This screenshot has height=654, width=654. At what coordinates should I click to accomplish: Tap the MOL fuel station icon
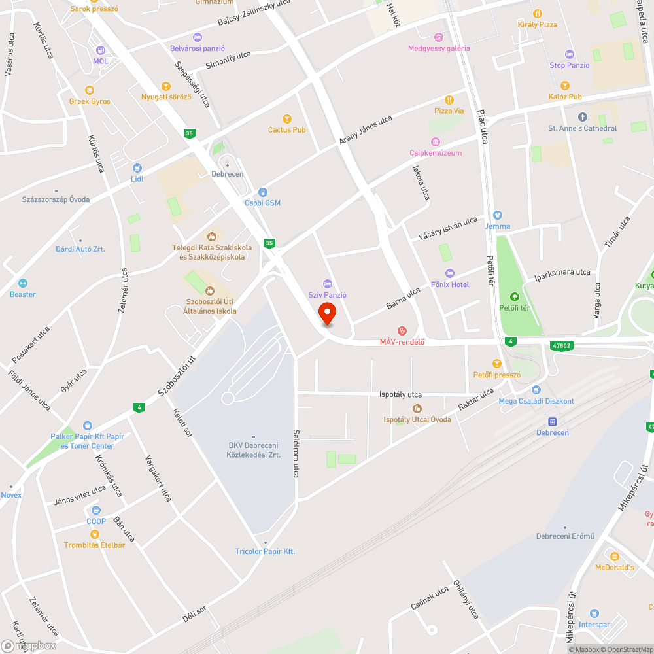coord(100,50)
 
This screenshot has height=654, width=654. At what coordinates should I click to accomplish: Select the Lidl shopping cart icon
coord(137,167)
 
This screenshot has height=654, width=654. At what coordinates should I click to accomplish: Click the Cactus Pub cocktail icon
coord(286,118)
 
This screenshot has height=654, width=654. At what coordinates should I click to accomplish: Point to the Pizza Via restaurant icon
coord(449,100)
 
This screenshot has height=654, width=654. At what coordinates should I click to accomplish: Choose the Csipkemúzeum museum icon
coord(435,142)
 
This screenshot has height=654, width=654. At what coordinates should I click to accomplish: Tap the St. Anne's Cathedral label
coord(582,128)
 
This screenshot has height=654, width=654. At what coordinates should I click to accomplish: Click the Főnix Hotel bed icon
coord(449,273)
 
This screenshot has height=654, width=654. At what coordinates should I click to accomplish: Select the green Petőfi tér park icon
coord(514,297)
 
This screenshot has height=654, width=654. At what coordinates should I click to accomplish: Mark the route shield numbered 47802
coord(562,345)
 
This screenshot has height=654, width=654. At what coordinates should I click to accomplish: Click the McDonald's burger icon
coord(614,556)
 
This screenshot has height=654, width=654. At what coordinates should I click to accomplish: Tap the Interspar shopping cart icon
coord(594,613)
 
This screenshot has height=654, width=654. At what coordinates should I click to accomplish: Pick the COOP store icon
coord(96,510)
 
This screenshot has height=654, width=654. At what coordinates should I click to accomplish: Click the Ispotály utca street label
coord(400,394)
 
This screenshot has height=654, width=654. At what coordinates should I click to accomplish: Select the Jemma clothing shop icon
coord(497,215)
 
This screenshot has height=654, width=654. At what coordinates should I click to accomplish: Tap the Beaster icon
coord(23,283)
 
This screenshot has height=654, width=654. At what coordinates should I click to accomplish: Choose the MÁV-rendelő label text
coord(403,341)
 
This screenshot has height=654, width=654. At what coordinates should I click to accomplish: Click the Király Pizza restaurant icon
coord(537,13)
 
